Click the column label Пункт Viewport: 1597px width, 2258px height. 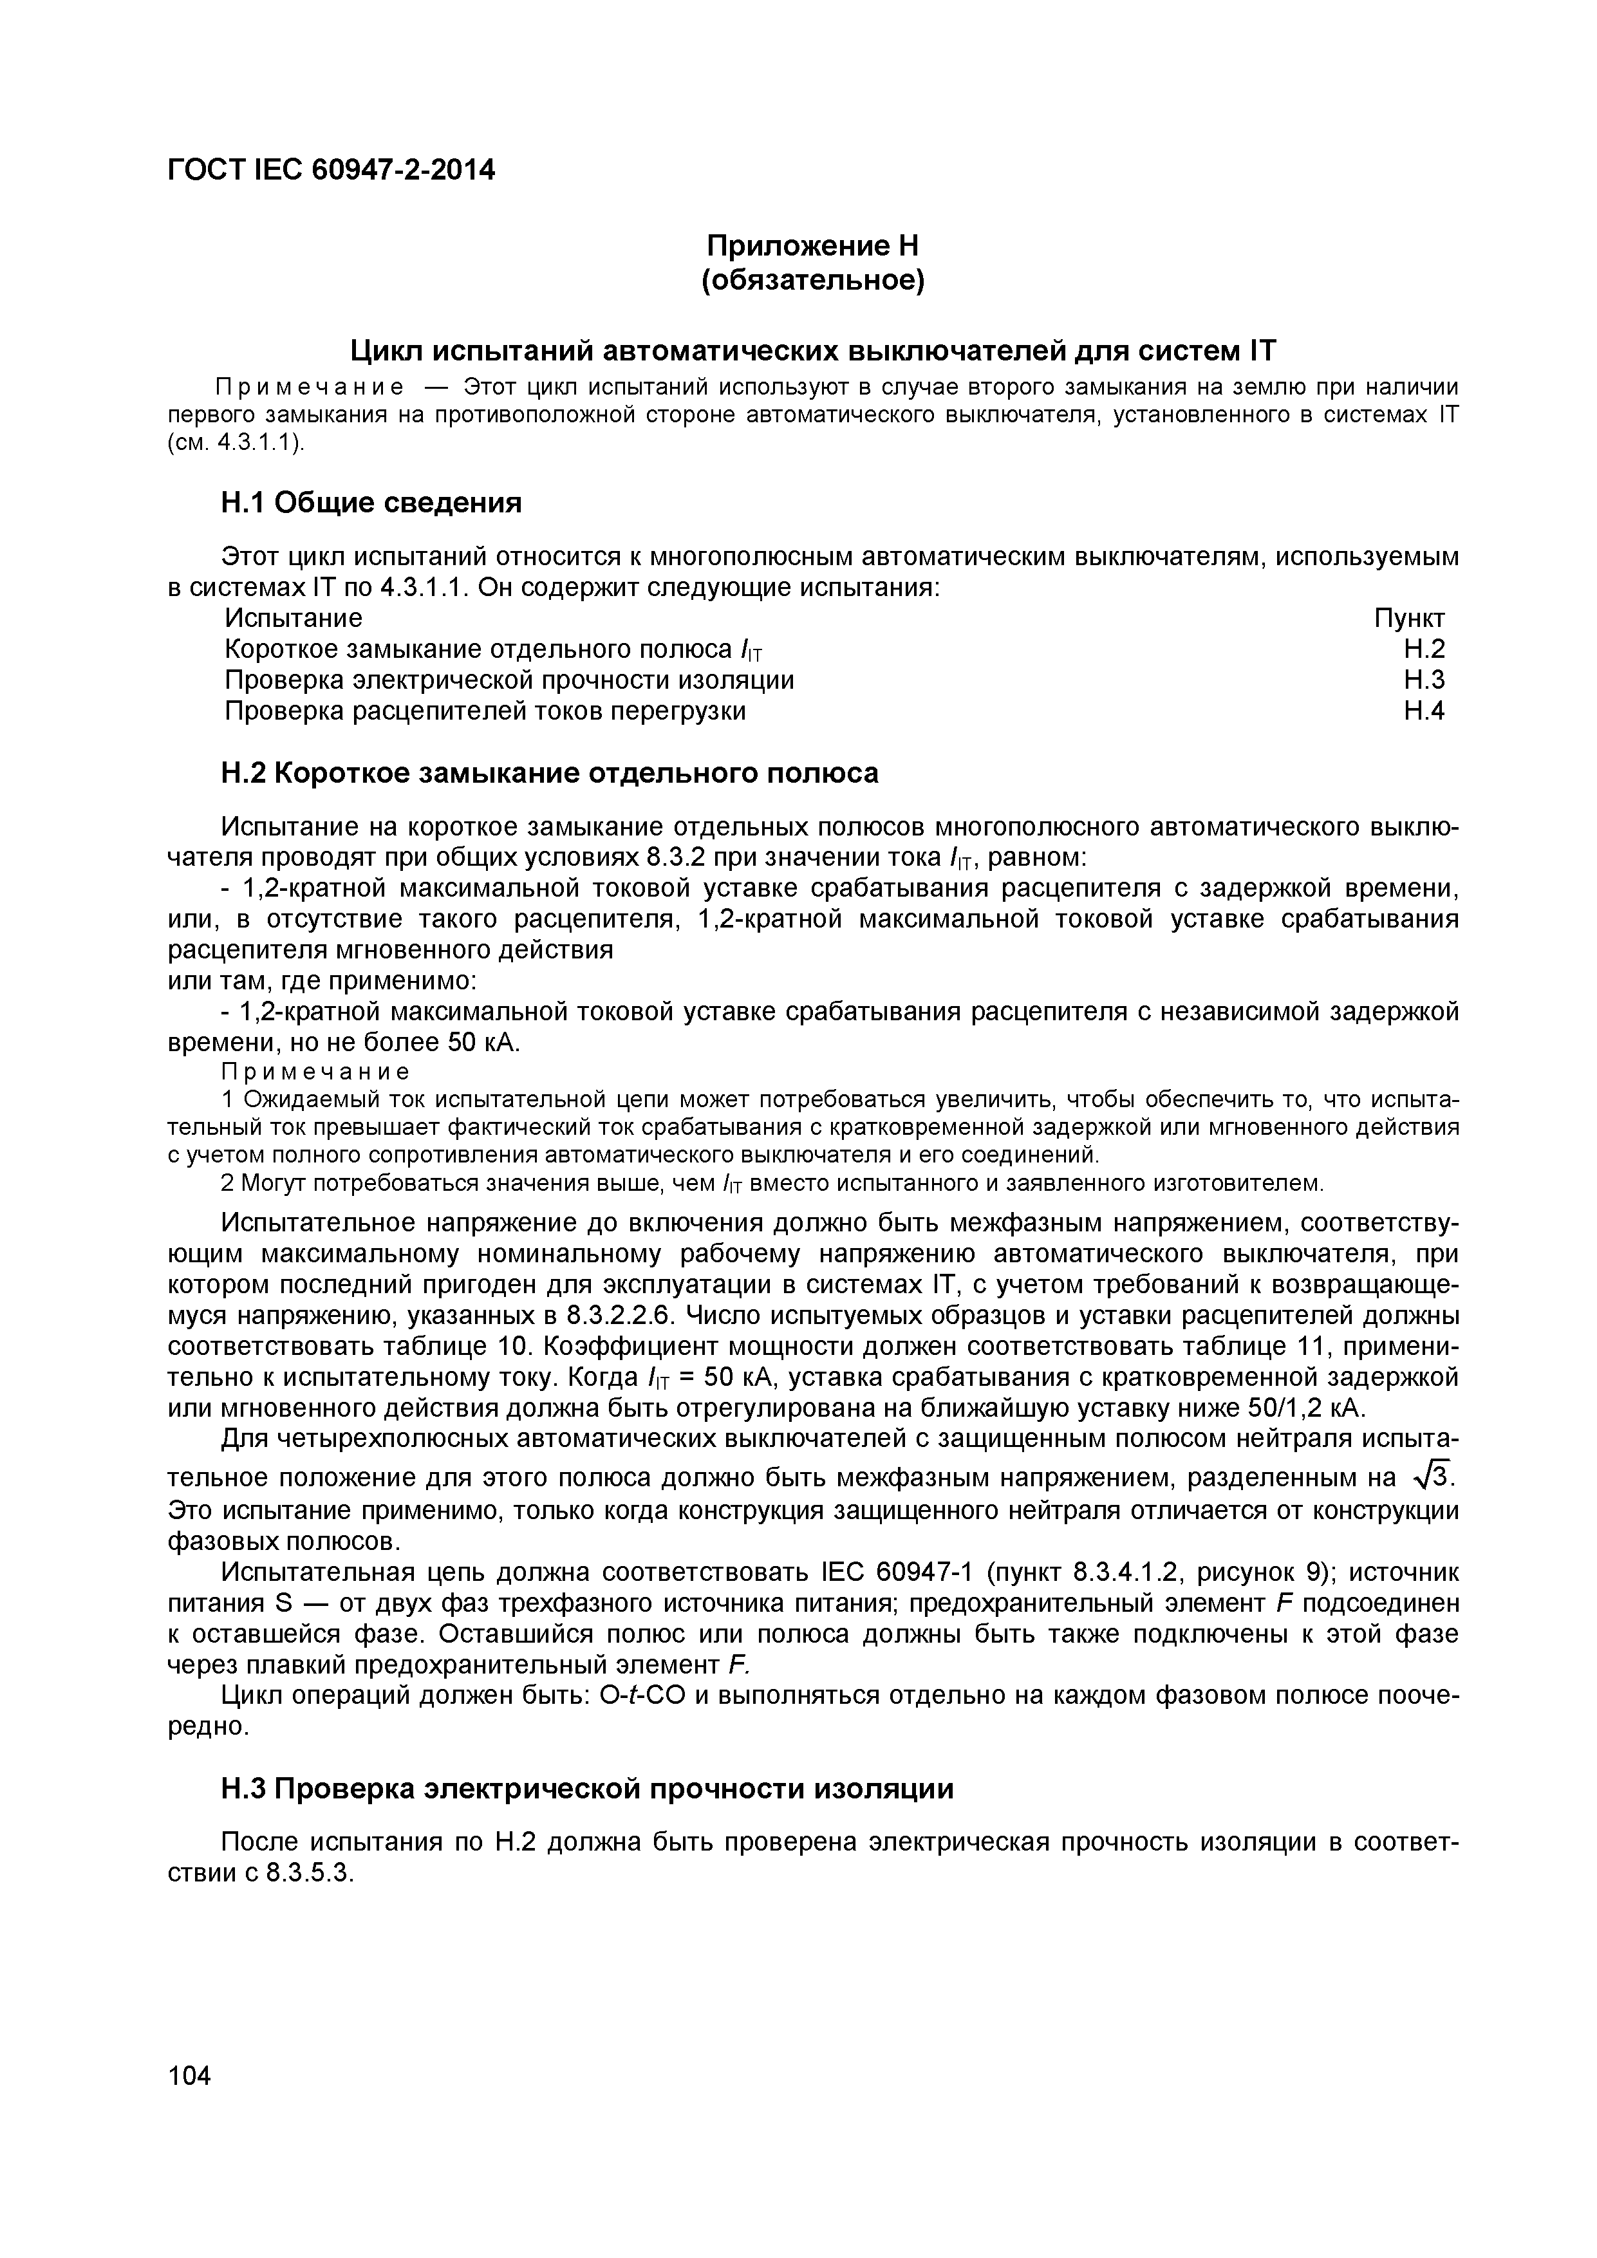(x=1409, y=619)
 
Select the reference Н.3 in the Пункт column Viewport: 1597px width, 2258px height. (x=1424, y=680)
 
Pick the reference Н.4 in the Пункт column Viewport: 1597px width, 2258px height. (x=1424, y=711)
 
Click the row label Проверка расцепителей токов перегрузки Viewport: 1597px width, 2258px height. (x=485, y=711)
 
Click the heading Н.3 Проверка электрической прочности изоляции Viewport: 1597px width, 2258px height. (x=586, y=1789)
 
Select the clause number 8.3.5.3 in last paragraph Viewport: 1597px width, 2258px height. (x=308, y=1874)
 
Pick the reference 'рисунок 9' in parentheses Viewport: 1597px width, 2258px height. (x=1258, y=1572)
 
